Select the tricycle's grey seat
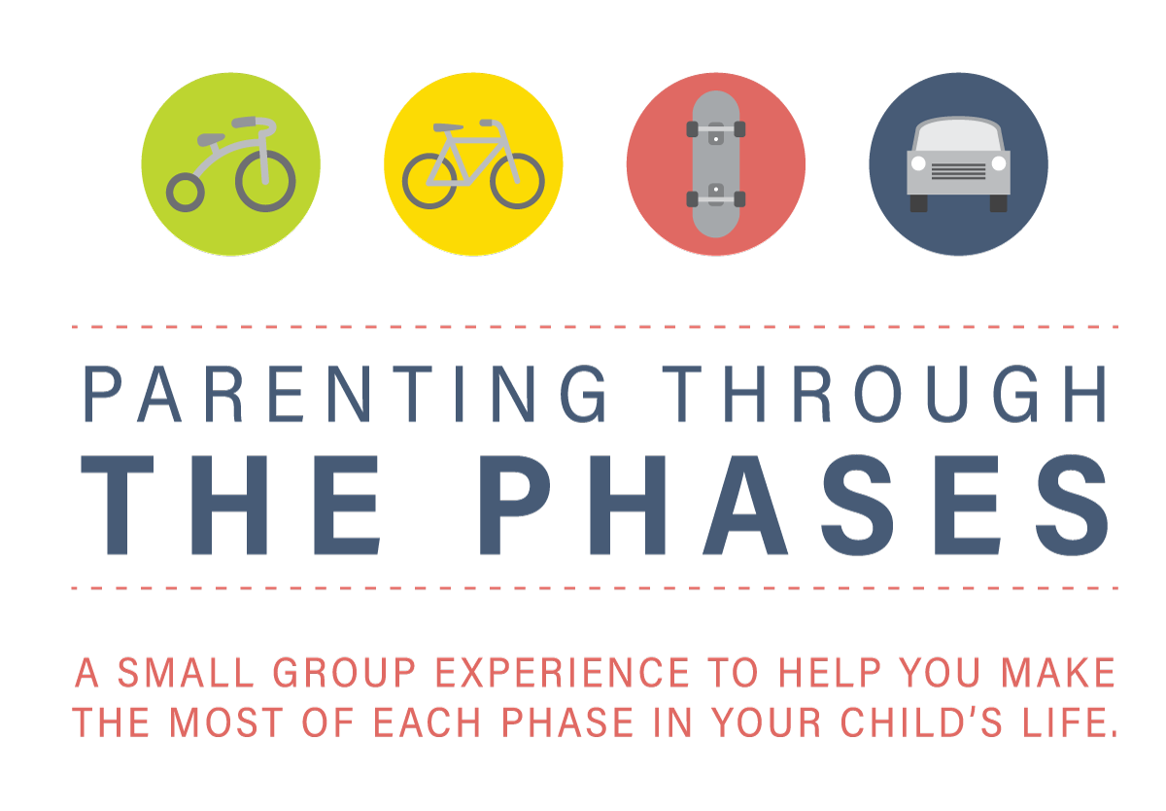pyautogui.click(x=210, y=140)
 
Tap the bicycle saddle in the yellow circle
pyautogui.click(x=448, y=127)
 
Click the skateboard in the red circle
pyautogui.click(x=716, y=164)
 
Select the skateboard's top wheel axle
pyautogui.click(x=716, y=129)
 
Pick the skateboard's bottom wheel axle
pyautogui.click(x=716, y=199)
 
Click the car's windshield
pyautogui.click(x=958, y=135)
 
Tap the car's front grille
pyautogui.click(x=958, y=171)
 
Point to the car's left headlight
pyautogui.click(x=919, y=163)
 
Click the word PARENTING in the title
pyautogui.click(x=344, y=393)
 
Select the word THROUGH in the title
pyautogui.click(x=884, y=393)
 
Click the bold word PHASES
pyautogui.click(x=794, y=505)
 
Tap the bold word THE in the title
pyautogui.click(x=230, y=505)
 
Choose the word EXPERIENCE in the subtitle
pyautogui.click(x=563, y=673)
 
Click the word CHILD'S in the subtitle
pyautogui.click(x=921, y=722)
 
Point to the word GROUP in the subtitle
pyautogui.click(x=345, y=673)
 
